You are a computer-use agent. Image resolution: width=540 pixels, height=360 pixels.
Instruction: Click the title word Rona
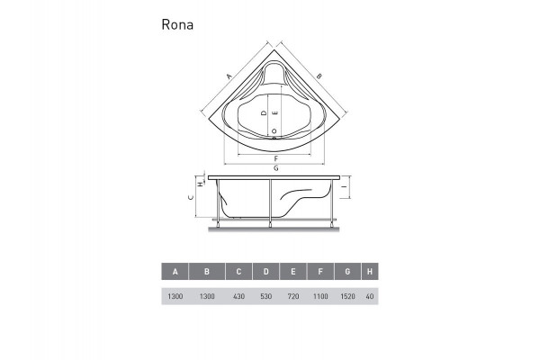coord(176,24)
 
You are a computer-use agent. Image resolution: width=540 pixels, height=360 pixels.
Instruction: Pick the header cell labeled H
coord(370,272)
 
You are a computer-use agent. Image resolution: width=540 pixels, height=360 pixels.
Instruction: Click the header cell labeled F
coord(320,272)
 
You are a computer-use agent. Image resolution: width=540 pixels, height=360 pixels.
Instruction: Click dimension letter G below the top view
coord(274,168)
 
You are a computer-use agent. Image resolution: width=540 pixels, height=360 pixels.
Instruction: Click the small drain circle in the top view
coord(274,131)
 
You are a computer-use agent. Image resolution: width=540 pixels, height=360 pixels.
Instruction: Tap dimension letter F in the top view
coord(274,157)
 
